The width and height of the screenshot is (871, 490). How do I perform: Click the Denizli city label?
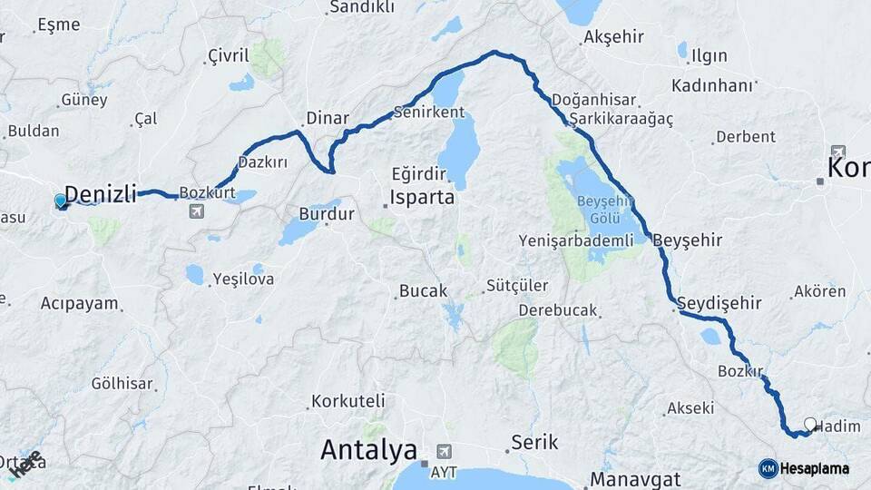[101, 193]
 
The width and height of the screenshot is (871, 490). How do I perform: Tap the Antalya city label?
[368, 449]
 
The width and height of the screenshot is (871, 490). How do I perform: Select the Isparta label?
[422, 197]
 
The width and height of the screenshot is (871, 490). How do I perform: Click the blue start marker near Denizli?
[61, 201]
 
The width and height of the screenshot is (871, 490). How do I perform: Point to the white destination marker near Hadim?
[810, 423]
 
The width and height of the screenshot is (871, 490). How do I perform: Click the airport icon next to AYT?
[443, 450]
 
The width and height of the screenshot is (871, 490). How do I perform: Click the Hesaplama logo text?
[816, 468]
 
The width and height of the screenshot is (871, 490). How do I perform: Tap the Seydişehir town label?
[719, 304]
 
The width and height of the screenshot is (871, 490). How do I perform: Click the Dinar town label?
[328, 118]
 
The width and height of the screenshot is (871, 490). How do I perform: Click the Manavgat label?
[635, 478]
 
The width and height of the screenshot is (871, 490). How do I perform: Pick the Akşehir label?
[614, 37]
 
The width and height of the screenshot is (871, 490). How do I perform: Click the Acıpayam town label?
[80, 304]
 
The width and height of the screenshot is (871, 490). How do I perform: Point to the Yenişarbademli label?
[575, 240]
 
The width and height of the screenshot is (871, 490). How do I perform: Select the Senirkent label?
[428, 113]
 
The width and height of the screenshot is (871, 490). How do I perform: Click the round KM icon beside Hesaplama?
[768, 468]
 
